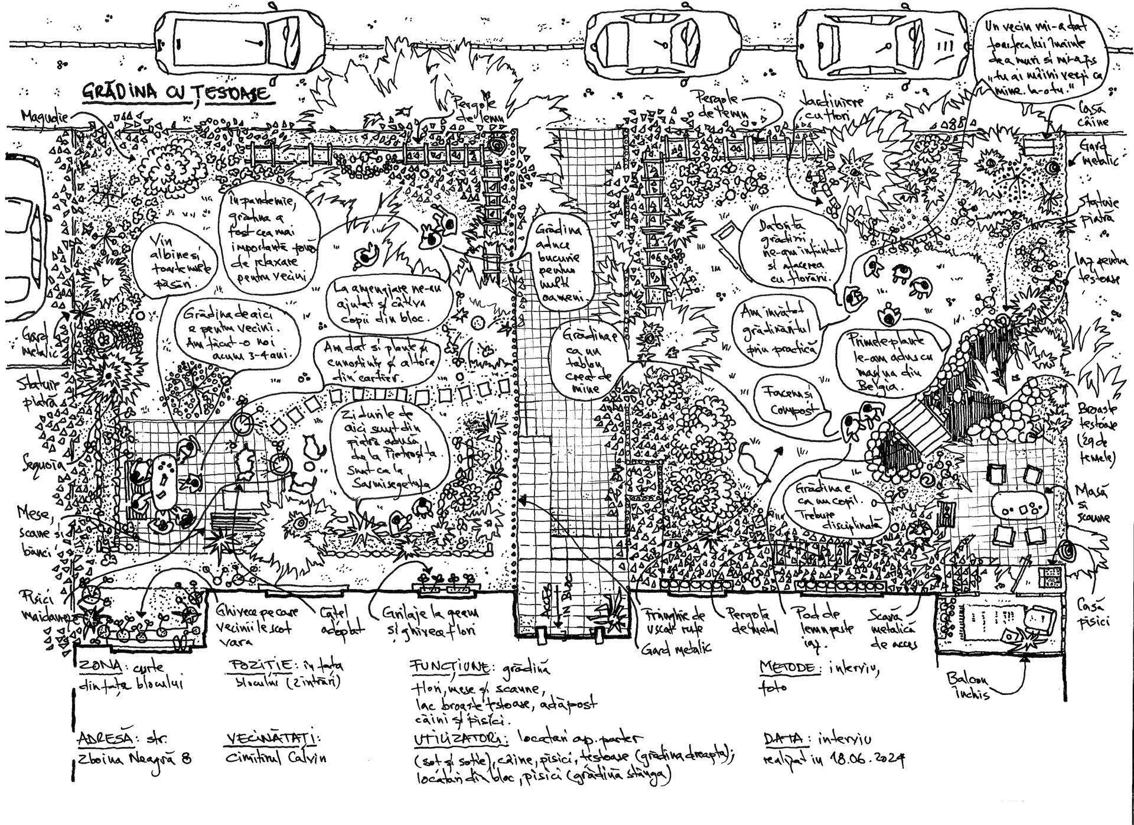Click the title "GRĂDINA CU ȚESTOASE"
175,93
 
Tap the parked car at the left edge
18,236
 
